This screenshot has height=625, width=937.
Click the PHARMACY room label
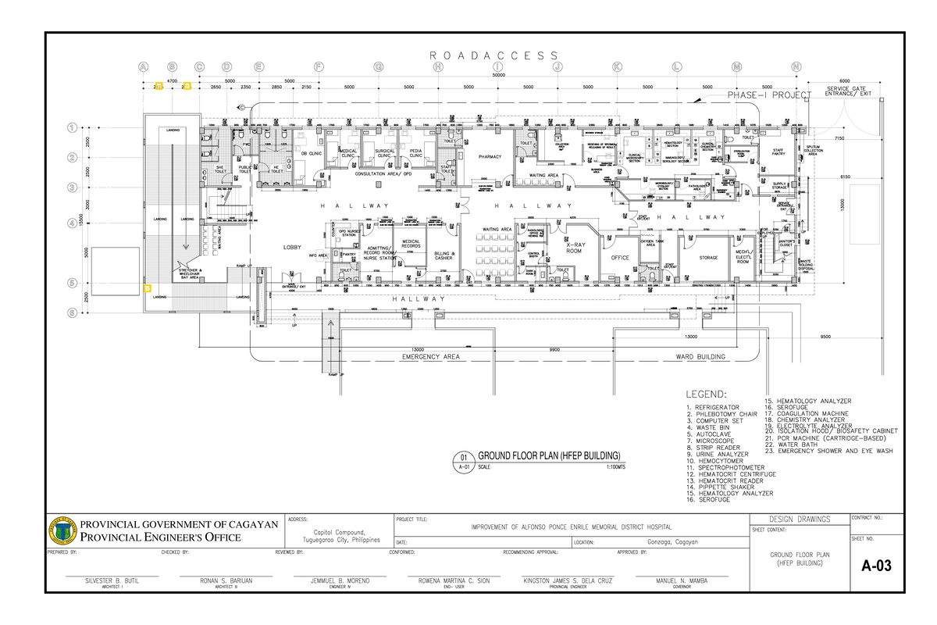[x=490, y=157]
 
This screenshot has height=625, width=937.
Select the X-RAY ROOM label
[x=575, y=248]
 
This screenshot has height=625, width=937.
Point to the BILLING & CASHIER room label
[x=444, y=256]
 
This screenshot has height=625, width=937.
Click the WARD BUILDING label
[x=700, y=357]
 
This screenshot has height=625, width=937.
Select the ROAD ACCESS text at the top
[x=494, y=55]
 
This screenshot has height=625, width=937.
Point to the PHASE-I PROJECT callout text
[x=770, y=95]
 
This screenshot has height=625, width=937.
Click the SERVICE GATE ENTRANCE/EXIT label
[x=845, y=92]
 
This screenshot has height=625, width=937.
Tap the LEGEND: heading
[x=706, y=394]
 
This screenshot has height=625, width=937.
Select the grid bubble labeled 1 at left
[x=73, y=127]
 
